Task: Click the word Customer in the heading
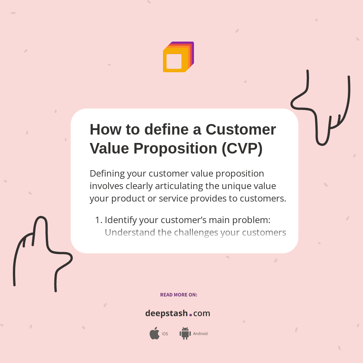241,129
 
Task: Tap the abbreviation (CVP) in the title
242,148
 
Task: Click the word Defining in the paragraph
107,174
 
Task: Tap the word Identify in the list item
121,220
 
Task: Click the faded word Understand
130,232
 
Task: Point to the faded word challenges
196,232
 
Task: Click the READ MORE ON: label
178,295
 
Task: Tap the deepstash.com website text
178,313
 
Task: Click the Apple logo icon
154,334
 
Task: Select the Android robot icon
185,334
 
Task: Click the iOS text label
165,334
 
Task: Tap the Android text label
200,334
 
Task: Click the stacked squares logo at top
178,57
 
